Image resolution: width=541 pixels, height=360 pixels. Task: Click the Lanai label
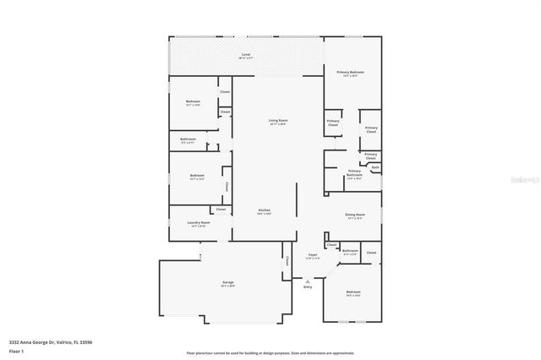coord(245,55)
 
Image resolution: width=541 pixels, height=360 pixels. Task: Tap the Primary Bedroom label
coord(349,73)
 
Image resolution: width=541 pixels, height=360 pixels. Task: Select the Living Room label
coord(278,121)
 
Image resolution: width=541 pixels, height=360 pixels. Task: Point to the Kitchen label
coord(264,210)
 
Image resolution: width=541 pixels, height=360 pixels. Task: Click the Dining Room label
coord(354,215)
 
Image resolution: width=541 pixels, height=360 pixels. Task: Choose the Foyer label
coord(312,254)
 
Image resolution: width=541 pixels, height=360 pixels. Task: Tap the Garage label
coord(227,282)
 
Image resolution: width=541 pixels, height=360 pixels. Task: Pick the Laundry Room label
coord(199,223)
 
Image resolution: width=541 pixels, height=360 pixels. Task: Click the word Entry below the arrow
coord(307,287)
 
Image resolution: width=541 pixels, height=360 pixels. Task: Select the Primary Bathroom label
coord(354,172)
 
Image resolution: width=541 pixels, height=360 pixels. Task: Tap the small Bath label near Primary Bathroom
coord(375,167)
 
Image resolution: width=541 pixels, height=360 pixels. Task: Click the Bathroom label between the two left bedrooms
coord(188,139)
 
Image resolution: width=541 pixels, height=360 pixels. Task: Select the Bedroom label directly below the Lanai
coord(193,101)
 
